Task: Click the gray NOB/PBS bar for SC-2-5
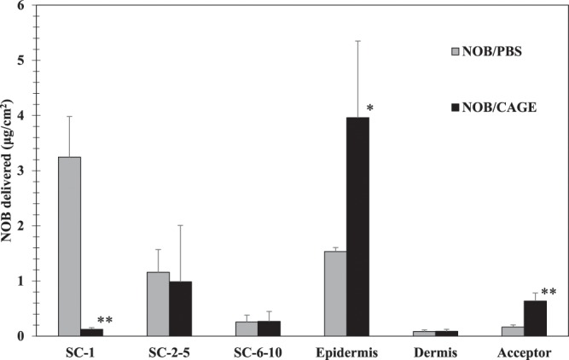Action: (x=157, y=304)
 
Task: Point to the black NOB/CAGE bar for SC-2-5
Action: (x=179, y=308)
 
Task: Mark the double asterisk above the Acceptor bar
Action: (x=549, y=293)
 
